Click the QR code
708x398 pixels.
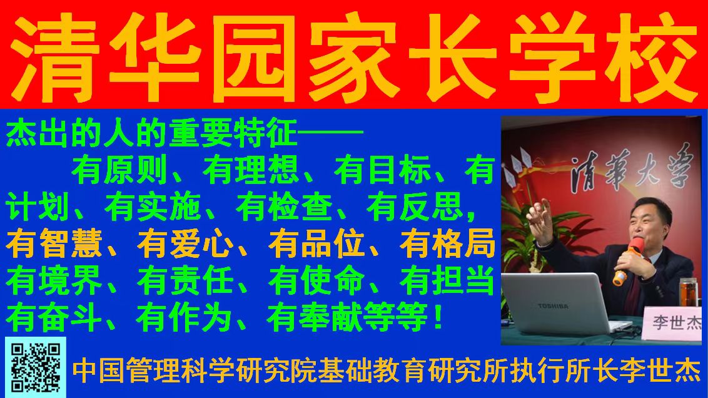(x=36, y=367)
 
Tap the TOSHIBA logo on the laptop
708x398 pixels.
(x=553, y=306)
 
